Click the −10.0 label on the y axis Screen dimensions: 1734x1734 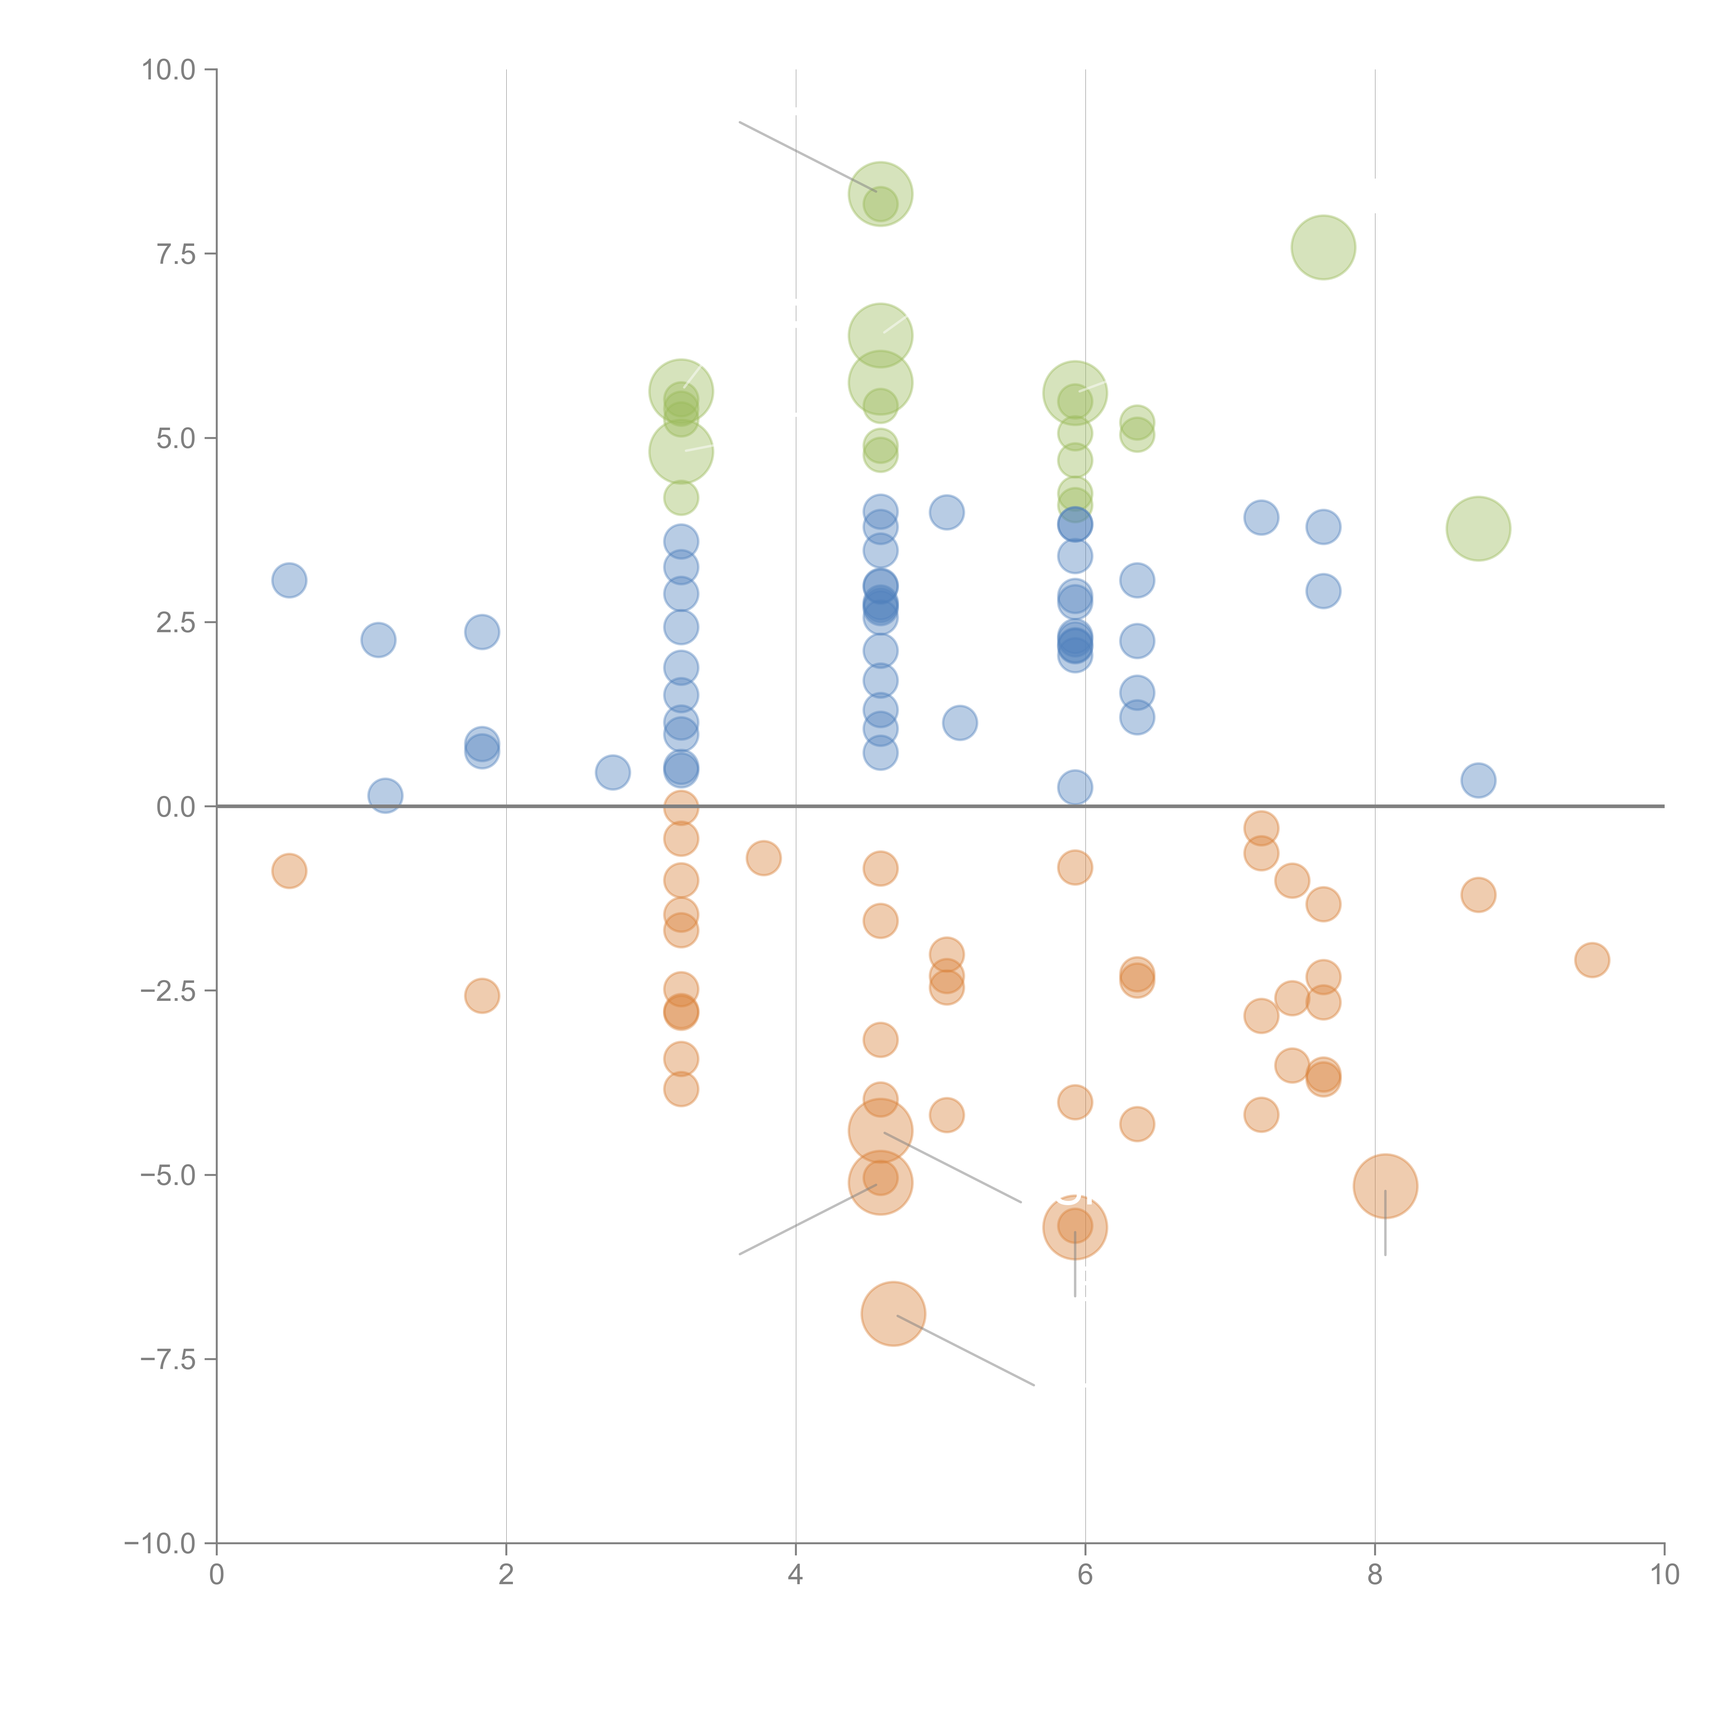160,1544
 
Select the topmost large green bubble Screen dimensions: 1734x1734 881,194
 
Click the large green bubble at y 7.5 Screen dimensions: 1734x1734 1323,248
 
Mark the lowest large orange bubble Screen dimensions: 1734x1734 893,1314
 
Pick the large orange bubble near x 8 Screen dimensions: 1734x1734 1385,1186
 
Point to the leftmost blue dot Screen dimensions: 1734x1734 289,581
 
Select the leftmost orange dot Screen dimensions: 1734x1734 289,870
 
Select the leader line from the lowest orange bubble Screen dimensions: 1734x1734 966,1351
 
